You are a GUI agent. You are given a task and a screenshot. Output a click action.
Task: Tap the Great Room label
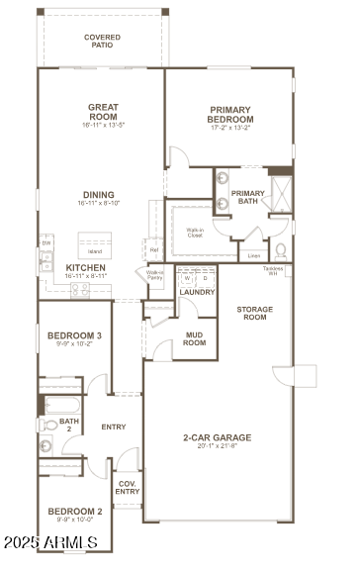103,112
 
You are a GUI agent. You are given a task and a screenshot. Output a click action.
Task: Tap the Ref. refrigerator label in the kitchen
153,251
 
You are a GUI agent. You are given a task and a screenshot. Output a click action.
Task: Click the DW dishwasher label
45,243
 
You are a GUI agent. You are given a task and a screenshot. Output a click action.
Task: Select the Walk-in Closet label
196,233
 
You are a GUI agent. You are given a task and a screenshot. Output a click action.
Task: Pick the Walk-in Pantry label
154,276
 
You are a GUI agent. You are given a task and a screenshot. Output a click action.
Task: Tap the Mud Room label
195,339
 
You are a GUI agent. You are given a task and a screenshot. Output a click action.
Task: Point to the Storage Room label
254,314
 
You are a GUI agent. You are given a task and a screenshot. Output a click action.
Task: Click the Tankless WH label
274,271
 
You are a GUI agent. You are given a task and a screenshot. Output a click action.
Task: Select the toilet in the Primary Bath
281,249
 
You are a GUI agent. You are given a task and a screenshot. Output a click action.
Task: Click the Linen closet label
254,255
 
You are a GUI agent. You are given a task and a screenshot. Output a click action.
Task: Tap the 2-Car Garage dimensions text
217,446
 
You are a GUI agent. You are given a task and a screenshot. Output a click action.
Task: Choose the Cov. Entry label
128,487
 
